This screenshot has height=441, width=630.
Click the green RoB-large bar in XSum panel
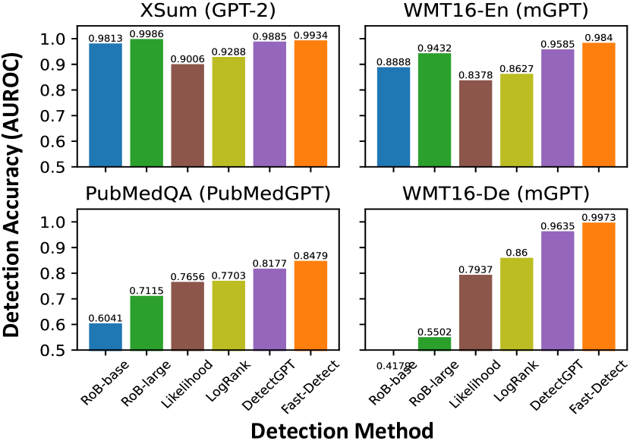[146, 102]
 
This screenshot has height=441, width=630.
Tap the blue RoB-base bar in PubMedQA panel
[106, 337]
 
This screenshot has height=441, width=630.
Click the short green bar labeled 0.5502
[435, 344]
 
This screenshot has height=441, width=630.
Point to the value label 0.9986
[146, 34]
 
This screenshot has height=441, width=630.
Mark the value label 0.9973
[599, 218]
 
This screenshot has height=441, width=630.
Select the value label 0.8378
[476, 75]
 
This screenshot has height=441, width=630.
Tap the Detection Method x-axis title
[342, 430]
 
